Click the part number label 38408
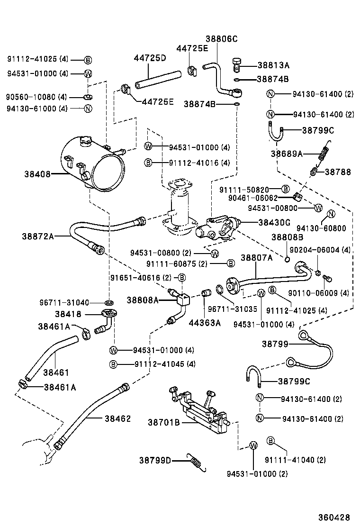37,174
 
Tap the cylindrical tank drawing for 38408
95,164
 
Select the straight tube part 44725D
158,79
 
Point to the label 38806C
221,39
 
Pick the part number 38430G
274,222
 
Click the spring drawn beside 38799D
197,462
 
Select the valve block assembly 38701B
204,411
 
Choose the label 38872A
37,236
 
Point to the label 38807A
257,258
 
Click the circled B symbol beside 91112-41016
148,163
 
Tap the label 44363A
205,323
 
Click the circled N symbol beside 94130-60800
331,213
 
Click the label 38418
68,314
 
